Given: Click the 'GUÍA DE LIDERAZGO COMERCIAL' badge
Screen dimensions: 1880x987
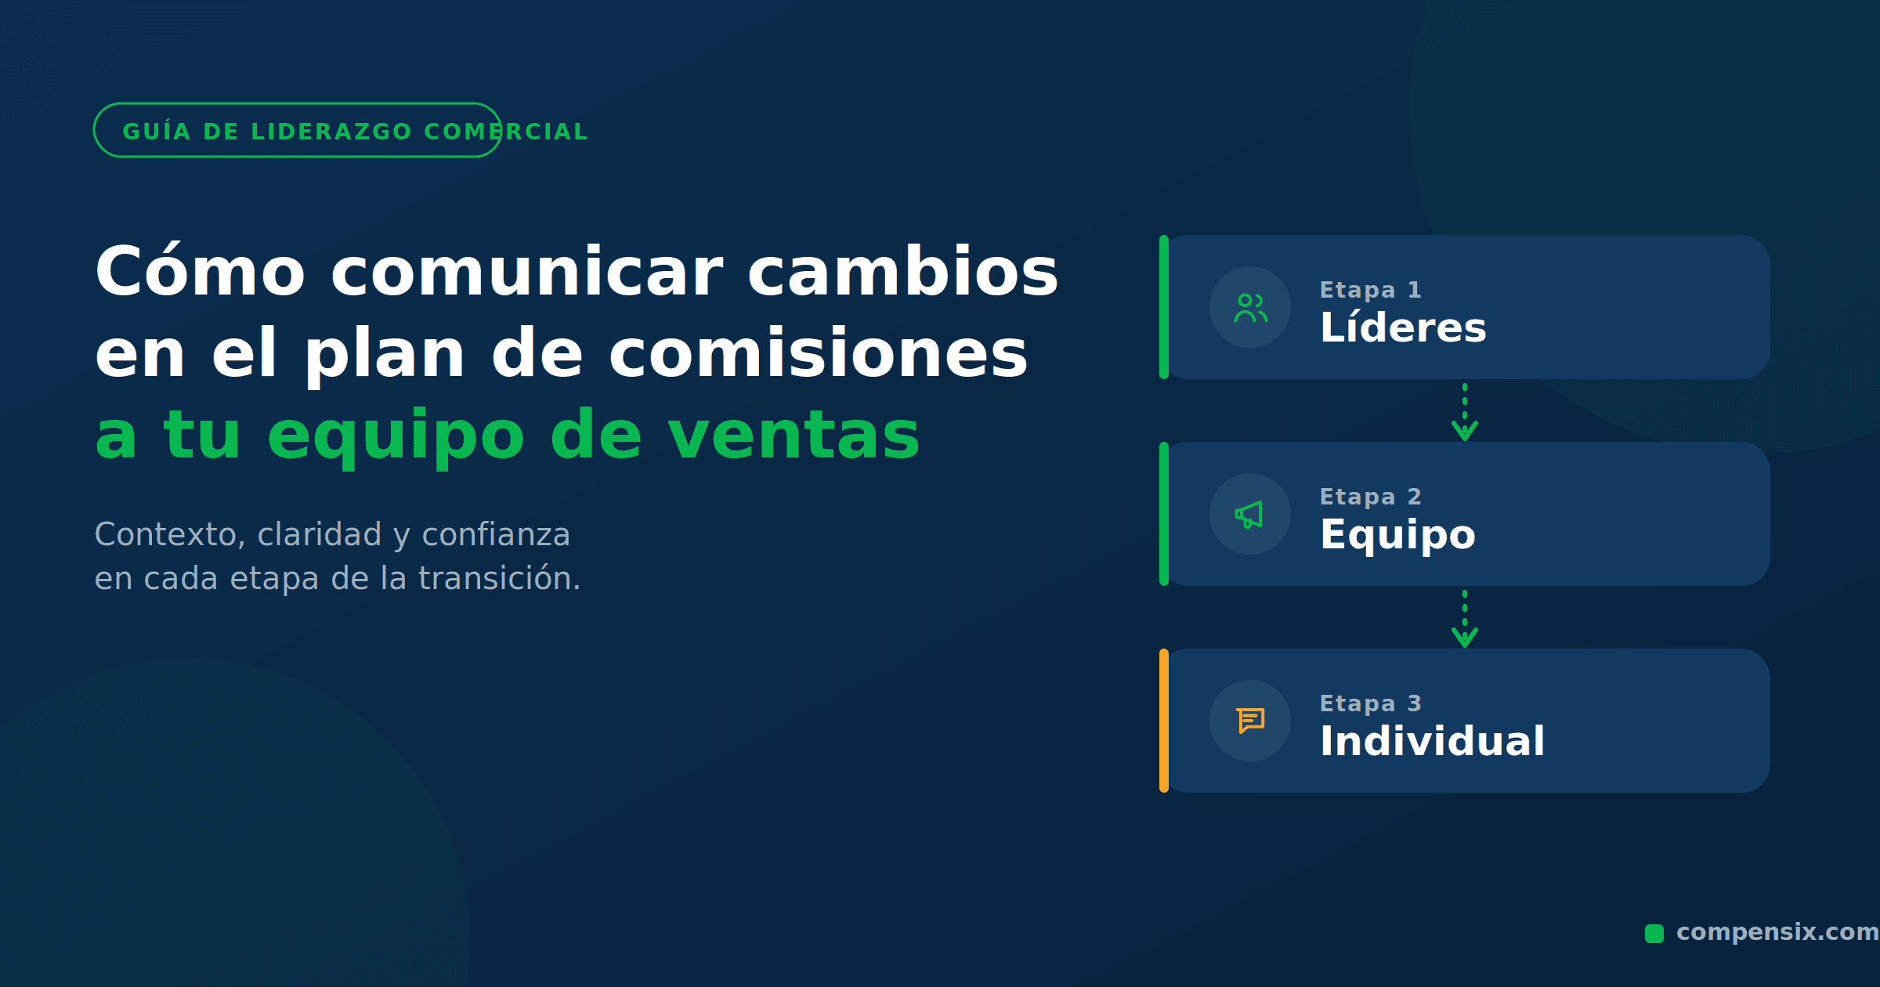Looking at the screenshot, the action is point(298,130).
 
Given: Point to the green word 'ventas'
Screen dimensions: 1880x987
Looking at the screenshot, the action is point(794,435).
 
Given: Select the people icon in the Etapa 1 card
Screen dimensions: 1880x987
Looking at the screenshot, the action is point(1250,308).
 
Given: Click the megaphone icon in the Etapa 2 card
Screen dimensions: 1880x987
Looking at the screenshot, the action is point(1249,515).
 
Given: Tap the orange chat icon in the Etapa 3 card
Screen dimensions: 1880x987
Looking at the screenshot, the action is point(1251,721).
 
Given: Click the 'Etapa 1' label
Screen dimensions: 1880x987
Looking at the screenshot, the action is point(1370,290).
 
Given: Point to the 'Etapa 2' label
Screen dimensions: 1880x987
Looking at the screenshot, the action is point(1370,497).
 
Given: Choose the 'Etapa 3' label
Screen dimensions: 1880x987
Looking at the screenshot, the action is point(1370,703).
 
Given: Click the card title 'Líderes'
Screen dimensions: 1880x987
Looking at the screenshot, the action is point(1403,327).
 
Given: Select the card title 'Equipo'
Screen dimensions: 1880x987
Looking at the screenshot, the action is point(1397,535).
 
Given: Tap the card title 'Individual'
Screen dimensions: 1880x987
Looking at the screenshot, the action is point(1432,740).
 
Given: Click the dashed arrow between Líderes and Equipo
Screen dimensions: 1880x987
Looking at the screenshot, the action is point(1465,411).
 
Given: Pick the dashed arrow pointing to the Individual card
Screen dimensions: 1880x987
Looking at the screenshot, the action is point(1465,618).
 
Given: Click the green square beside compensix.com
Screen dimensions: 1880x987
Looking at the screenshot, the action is point(1654,933).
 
